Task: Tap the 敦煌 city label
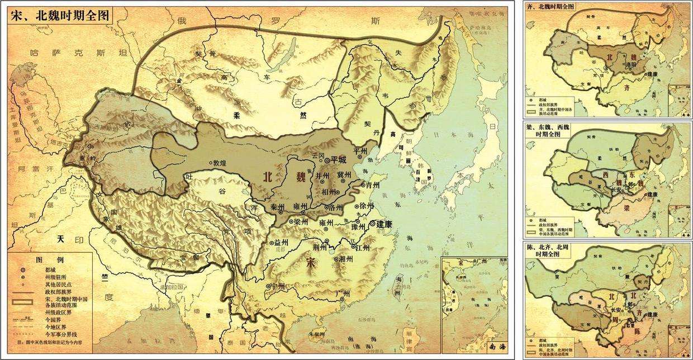221,163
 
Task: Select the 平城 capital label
338,160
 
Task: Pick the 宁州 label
278,286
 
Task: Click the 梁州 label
301,221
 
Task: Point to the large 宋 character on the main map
311,261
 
